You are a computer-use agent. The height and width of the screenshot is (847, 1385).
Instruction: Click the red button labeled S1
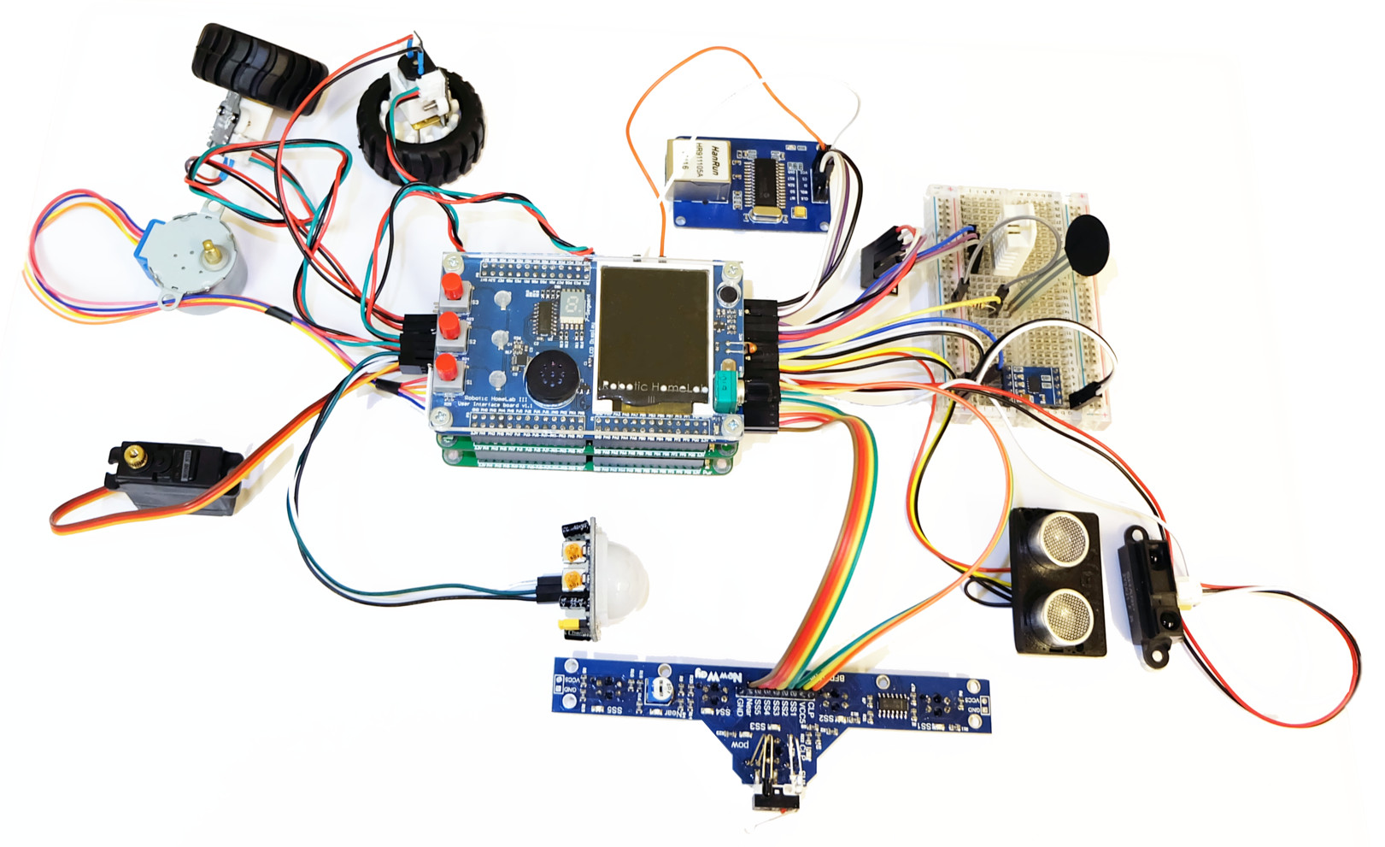click(x=446, y=368)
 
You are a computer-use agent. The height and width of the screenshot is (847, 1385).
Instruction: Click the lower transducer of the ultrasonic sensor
click(x=1065, y=614)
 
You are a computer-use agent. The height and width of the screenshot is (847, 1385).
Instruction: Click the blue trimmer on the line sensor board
click(x=659, y=690)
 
